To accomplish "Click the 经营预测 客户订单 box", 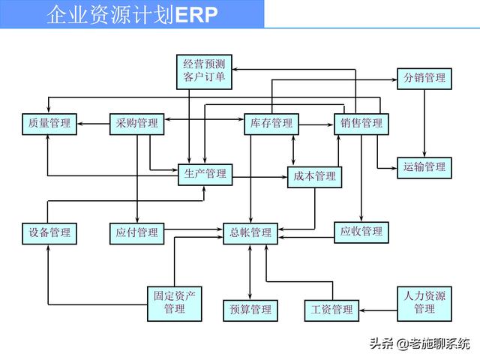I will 204,70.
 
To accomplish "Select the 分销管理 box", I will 424,78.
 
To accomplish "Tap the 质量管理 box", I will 49,124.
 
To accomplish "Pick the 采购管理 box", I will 137,124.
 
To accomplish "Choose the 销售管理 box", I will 361,124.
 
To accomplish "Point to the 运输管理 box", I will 424,166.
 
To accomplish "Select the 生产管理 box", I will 205,174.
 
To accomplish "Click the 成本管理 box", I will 314,176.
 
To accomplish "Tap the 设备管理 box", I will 49,232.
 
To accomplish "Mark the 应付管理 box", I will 137,232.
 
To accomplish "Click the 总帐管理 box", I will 250,232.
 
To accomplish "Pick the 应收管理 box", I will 361,232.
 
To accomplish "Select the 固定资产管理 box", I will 174,302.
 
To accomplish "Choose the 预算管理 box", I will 250,309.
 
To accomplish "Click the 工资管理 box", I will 331,309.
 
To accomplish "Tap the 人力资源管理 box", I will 424,302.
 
